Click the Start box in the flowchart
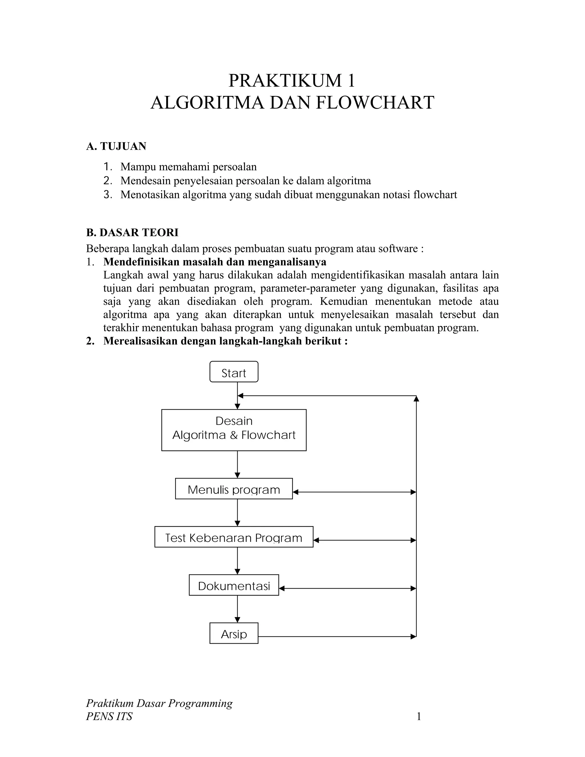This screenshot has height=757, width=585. click(234, 372)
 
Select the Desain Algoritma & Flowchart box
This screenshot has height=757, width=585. click(234, 430)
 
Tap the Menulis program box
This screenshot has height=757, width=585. click(234, 489)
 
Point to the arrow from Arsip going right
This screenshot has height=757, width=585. click(336, 636)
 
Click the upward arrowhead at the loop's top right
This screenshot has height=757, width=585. click(416, 398)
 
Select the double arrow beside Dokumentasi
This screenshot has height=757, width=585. click(347, 588)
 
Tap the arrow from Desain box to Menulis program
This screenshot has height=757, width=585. click(237, 464)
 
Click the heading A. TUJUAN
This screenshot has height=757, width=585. click(116, 146)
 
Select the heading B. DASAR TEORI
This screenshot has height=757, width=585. click(132, 232)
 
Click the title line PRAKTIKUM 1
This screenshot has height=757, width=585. click(292, 81)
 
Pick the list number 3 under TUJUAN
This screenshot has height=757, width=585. click(107, 195)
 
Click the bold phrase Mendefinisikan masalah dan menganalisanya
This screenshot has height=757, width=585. click(215, 261)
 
